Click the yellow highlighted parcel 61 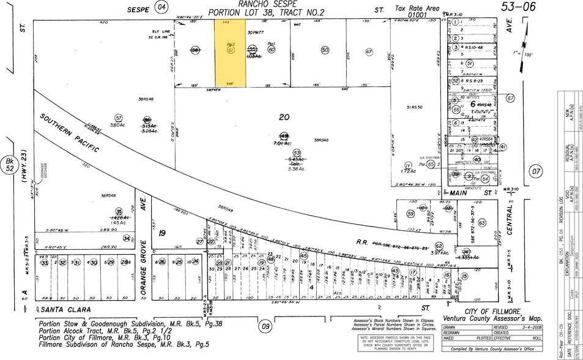(x=230, y=52)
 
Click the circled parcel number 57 (x=119, y=118)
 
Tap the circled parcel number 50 (x=325, y=50)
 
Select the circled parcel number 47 (x=369, y=52)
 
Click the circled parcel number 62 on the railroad (x=439, y=246)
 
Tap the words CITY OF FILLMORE (x=492, y=312)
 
